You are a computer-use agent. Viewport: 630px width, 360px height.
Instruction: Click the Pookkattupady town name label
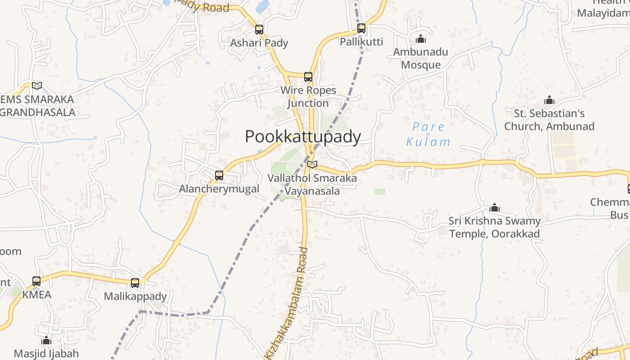coord(303,137)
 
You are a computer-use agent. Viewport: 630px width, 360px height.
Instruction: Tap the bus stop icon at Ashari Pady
coord(259,30)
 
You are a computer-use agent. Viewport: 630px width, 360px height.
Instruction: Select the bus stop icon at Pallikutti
coord(361,29)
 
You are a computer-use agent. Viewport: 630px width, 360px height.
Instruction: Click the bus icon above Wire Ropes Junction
coord(308,77)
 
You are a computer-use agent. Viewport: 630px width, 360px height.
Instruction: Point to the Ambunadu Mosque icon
coord(421,39)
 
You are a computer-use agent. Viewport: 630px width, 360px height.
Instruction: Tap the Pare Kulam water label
coord(428,134)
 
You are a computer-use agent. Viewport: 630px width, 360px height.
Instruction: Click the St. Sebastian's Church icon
coord(549,100)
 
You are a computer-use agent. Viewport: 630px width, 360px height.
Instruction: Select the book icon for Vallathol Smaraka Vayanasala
coord(312,165)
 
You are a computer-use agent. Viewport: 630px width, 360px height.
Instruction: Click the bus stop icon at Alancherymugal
coord(219,175)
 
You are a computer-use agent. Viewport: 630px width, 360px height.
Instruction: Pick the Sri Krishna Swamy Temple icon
coord(495,207)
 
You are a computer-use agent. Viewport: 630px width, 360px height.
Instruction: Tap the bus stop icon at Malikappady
coord(135,283)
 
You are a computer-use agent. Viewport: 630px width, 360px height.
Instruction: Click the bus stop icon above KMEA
coord(36,281)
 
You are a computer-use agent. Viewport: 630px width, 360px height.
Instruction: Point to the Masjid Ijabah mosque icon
coord(46,340)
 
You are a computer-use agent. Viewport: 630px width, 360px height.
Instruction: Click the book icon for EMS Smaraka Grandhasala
coord(37,85)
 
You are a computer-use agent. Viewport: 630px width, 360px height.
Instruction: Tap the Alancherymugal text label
coord(219,189)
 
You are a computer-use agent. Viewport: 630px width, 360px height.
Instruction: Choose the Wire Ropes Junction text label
coord(308,97)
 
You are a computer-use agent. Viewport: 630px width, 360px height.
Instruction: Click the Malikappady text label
coord(135,297)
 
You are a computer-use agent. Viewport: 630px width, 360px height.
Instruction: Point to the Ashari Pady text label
coord(259,43)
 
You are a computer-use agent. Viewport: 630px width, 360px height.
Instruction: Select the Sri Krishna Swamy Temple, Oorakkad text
coord(495,227)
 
